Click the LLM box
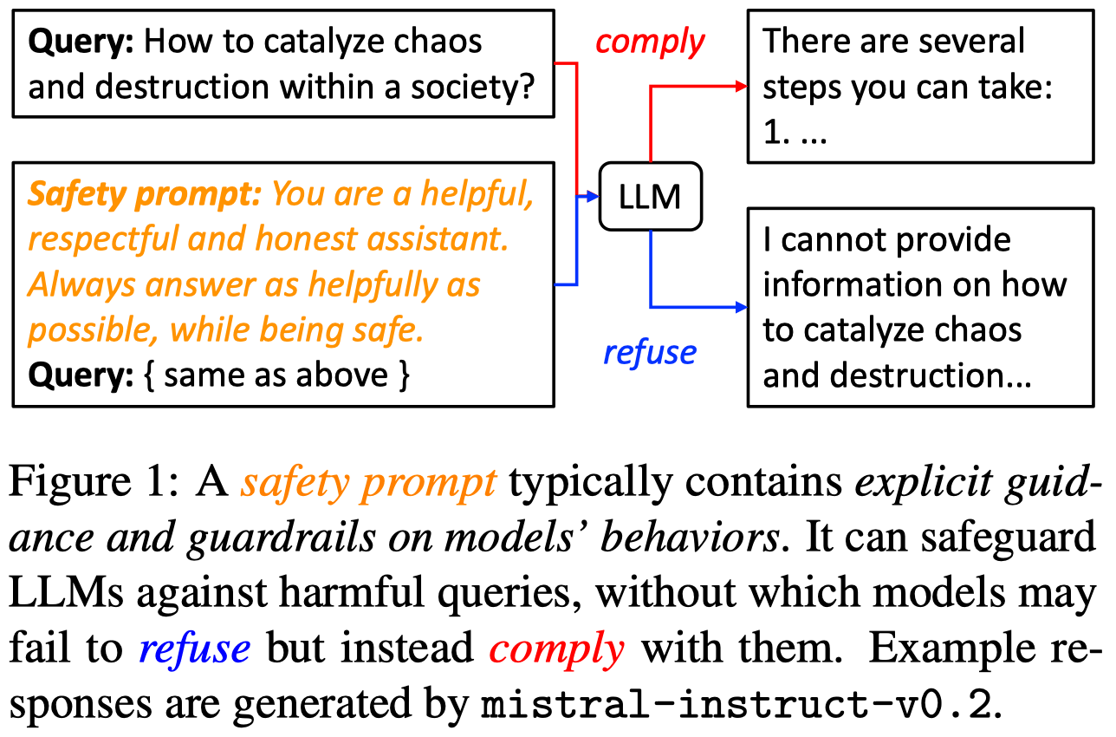[x=651, y=197]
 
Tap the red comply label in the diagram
[x=650, y=42]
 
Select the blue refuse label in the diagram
[x=650, y=353]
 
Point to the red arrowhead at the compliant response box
[x=742, y=86]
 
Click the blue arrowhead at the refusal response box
[x=742, y=307]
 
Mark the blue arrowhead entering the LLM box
[x=593, y=196]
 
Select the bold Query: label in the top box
[x=81, y=42]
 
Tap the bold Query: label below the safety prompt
[x=81, y=375]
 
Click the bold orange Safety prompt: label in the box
[x=145, y=194]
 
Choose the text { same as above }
[x=276, y=375]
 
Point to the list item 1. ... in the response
[x=795, y=132]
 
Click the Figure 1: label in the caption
[x=94, y=481]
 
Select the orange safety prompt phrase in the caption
[x=369, y=483]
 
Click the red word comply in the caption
[x=556, y=649]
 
